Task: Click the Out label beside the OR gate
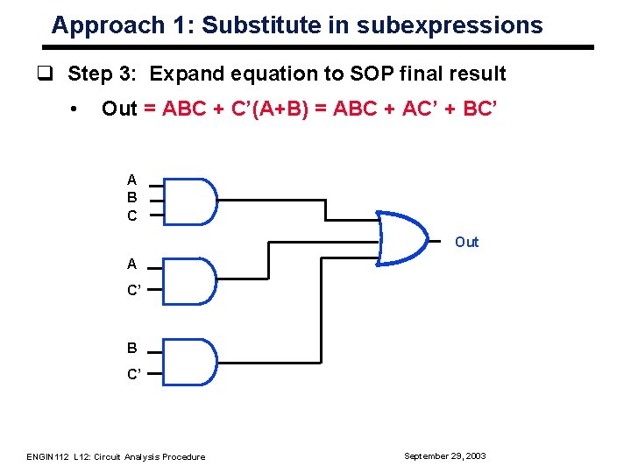[x=466, y=242]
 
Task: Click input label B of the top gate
[x=131, y=198]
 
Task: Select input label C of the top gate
[x=131, y=215]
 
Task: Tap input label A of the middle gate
[x=131, y=264]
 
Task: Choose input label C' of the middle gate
[x=133, y=290]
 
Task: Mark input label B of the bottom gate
[x=131, y=348]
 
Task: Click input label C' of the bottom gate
[x=133, y=374]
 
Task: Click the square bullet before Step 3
[x=55, y=74]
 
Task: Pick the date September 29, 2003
[x=444, y=455]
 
